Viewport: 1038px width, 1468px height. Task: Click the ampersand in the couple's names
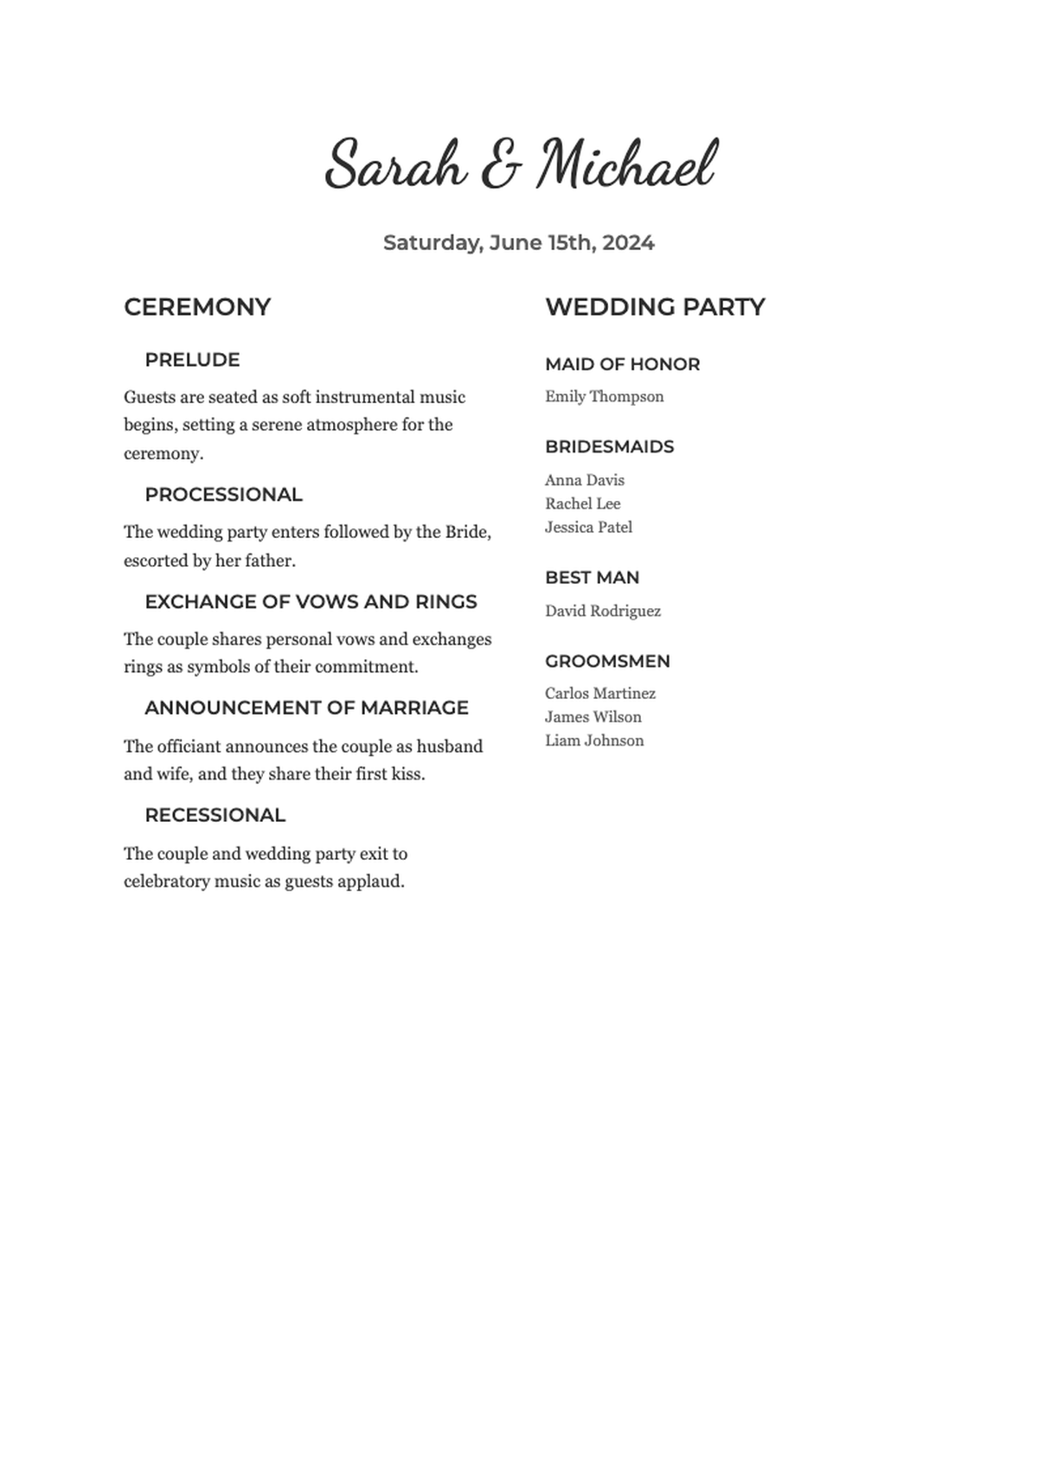click(x=501, y=166)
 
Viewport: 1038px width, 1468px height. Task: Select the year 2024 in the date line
click(x=628, y=243)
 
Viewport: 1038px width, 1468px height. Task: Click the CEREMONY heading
click(x=197, y=307)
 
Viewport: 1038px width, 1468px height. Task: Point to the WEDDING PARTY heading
click(x=655, y=307)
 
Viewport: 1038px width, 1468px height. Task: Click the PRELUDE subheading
click(x=192, y=360)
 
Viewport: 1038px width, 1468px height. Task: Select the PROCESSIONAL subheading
click(x=223, y=495)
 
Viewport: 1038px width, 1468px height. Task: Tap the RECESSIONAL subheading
click(x=215, y=815)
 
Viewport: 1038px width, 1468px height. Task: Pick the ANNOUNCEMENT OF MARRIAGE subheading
click(x=306, y=708)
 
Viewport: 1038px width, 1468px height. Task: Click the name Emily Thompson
click(x=605, y=397)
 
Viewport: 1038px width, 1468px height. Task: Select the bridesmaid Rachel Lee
click(x=582, y=503)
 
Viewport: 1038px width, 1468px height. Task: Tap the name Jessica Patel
click(x=588, y=527)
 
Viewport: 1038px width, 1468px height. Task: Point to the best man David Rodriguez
click(x=603, y=612)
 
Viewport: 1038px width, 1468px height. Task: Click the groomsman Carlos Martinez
click(x=600, y=694)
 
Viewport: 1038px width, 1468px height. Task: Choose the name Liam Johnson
click(x=594, y=740)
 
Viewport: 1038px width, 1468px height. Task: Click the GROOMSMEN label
click(x=607, y=661)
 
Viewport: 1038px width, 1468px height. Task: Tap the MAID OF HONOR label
click(x=622, y=364)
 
